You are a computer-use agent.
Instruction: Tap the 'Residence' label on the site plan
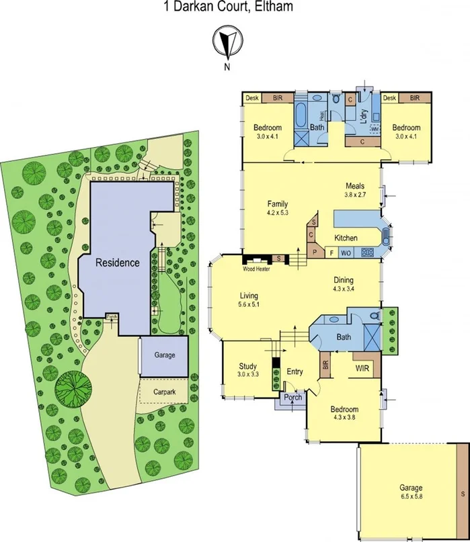click(x=117, y=263)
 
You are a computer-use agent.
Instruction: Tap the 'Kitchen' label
click(x=346, y=238)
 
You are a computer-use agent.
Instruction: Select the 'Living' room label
click(x=249, y=296)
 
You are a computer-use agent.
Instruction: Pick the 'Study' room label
click(x=247, y=366)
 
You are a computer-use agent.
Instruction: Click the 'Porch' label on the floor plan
click(x=293, y=397)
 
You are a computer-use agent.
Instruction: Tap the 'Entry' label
click(x=295, y=371)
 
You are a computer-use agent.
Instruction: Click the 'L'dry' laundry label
click(x=364, y=116)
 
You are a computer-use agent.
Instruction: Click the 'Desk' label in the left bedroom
click(x=252, y=98)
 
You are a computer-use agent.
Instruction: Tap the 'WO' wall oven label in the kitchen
click(x=346, y=253)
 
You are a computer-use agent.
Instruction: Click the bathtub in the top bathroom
click(x=301, y=114)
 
